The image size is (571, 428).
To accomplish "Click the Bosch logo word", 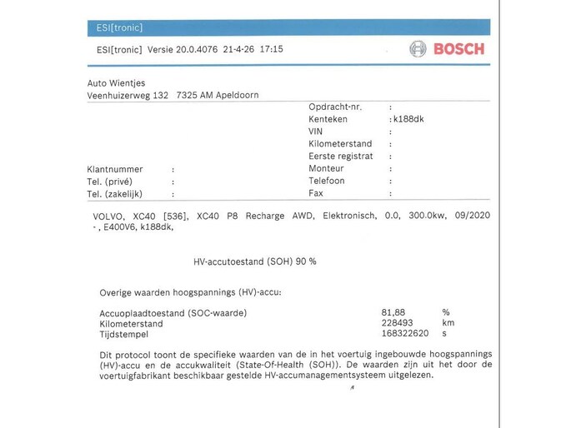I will tap(458, 49).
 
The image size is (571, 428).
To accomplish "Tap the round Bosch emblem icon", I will tap(418, 49).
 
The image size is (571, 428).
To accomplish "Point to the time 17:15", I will tap(271, 49).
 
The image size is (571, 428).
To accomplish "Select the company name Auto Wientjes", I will tap(116, 83).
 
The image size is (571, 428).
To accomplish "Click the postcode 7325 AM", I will tap(194, 95).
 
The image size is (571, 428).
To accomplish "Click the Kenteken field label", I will tap(328, 119).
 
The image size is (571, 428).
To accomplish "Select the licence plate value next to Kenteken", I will tap(408, 119).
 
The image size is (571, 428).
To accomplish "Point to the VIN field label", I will tap(316, 132).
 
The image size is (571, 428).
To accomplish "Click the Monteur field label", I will tap(326, 168).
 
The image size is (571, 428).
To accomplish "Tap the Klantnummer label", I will tap(114, 169).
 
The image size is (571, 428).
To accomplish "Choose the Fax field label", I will tap(316, 192).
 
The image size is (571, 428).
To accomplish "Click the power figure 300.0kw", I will tap(427, 216).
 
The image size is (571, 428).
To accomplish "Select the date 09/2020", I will tap(472, 216).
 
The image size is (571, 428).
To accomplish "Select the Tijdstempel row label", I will tap(124, 334).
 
